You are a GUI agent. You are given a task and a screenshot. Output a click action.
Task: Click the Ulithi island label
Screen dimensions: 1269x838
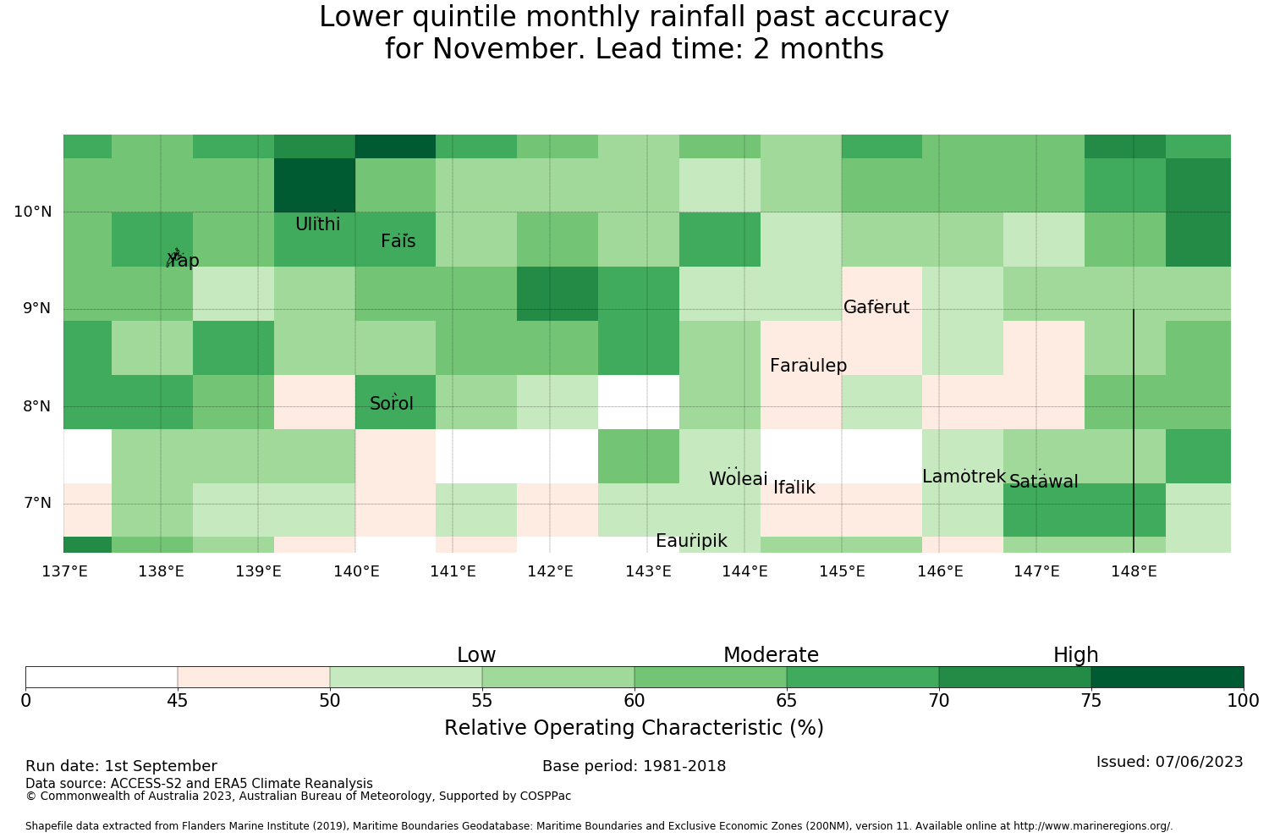click(318, 224)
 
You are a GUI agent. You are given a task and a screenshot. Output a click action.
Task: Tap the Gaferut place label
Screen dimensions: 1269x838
click(876, 307)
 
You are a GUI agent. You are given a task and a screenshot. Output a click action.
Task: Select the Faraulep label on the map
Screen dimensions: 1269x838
click(809, 366)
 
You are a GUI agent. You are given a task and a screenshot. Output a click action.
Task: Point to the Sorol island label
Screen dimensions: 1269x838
click(392, 404)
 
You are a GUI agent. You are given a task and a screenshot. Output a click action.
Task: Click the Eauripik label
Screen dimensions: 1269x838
click(691, 541)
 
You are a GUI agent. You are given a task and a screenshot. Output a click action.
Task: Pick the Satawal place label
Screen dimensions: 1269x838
click(1043, 482)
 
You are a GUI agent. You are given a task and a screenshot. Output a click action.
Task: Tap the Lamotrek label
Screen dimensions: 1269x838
click(964, 477)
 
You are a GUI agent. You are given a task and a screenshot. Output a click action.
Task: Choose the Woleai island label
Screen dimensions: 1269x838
click(739, 478)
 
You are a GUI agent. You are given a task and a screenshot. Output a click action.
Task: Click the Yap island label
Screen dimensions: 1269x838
click(183, 260)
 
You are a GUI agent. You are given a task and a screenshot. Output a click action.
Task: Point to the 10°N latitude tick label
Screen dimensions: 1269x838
click(33, 212)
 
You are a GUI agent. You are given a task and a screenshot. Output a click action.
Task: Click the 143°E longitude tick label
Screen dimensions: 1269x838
click(648, 571)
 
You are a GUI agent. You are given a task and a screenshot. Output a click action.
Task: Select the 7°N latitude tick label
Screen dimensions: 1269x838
click(37, 503)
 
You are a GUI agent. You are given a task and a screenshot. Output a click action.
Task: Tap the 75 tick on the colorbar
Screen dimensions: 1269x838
click(1091, 701)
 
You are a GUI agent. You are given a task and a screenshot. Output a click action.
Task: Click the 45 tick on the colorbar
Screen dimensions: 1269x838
click(178, 701)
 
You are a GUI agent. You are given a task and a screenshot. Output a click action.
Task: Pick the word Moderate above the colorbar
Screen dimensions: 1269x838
click(771, 655)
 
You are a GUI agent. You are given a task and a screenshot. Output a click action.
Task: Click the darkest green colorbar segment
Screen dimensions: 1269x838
click(1167, 677)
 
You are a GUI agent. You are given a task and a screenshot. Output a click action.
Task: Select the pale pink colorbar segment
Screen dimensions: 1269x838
click(253, 677)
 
